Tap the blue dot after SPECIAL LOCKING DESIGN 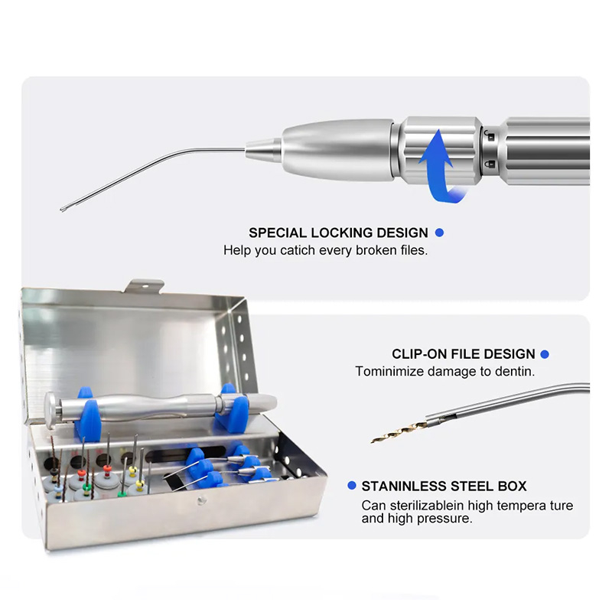point(439,232)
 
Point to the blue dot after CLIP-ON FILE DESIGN point(545,354)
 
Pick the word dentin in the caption point(516,372)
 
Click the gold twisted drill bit point(393,433)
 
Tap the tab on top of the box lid point(145,285)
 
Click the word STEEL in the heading point(470,487)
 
